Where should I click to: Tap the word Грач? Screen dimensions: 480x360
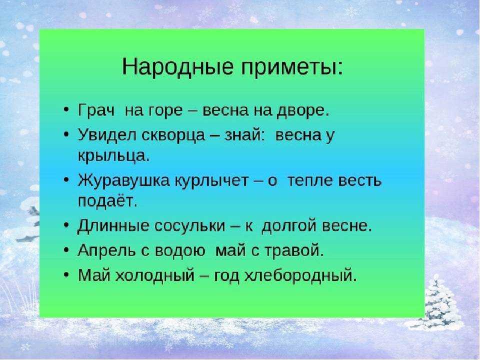96,110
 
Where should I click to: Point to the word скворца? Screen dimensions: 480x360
173,135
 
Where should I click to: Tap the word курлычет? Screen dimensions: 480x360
211,181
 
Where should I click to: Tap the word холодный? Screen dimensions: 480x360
154,275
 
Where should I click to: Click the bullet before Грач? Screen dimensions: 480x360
66,110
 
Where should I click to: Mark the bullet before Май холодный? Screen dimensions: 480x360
66,275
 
